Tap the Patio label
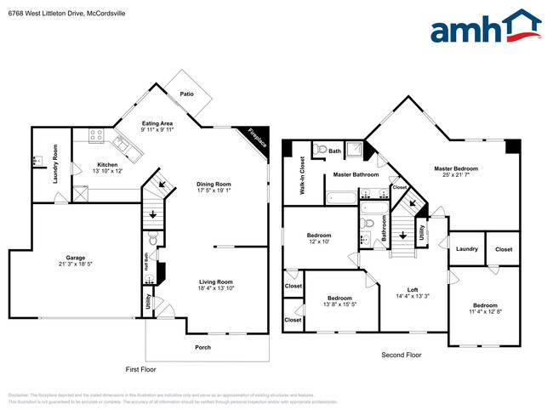coord(186,94)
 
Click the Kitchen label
coord(107,164)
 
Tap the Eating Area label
coord(157,123)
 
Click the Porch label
coord(202,347)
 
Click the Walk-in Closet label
coord(302,176)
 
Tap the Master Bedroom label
coord(456,168)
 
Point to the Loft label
coord(412,289)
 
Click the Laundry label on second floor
coord(466,249)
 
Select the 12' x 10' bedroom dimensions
coord(319,242)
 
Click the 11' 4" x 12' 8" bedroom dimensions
coord(485,312)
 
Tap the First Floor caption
coord(140,369)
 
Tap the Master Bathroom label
coord(356,174)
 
